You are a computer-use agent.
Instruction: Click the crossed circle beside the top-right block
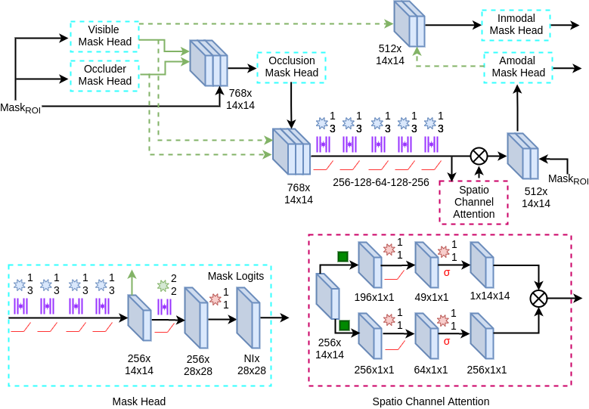479,156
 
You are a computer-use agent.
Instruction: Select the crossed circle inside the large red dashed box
538,299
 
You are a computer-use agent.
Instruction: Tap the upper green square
343,256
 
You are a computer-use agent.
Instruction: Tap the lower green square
344,325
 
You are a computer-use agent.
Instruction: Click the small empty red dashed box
473,202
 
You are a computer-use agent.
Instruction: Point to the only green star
163,286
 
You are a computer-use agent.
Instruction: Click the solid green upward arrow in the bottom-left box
132,280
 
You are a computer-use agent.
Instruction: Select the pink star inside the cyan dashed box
215,299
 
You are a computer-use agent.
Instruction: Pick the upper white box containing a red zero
447,272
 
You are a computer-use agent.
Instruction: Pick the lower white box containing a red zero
447,341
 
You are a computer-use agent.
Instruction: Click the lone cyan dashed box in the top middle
291,67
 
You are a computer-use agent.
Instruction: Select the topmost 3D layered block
409,23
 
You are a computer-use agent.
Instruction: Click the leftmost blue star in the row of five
322,123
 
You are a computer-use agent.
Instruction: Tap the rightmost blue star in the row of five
430,123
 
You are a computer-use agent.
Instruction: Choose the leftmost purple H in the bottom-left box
20,306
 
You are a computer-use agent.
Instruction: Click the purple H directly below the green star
164,307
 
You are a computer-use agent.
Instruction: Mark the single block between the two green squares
327,296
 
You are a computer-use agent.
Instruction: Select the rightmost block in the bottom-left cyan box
248,318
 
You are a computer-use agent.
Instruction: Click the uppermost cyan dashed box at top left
104,36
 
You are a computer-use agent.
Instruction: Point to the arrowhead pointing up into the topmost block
417,51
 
